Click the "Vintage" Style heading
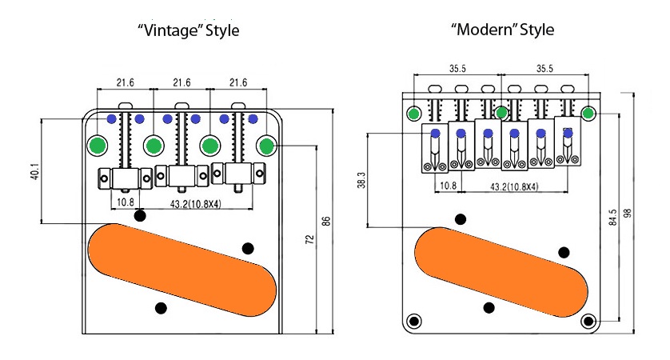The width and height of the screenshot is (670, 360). click(x=189, y=31)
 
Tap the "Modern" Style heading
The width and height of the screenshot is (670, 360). click(x=502, y=31)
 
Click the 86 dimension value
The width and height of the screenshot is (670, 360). click(x=325, y=221)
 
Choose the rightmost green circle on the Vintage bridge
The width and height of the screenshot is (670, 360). click(x=265, y=146)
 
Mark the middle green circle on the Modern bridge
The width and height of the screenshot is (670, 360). click(x=501, y=113)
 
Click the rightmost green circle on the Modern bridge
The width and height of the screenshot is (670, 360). click(x=588, y=113)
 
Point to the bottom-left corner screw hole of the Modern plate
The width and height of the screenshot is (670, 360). click(x=414, y=321)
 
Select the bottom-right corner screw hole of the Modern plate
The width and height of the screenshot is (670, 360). click(x=588, y=321)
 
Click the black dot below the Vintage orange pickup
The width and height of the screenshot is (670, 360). click(x=161, y=308)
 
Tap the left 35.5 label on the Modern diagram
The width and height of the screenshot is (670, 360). click(x=457, y=69)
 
